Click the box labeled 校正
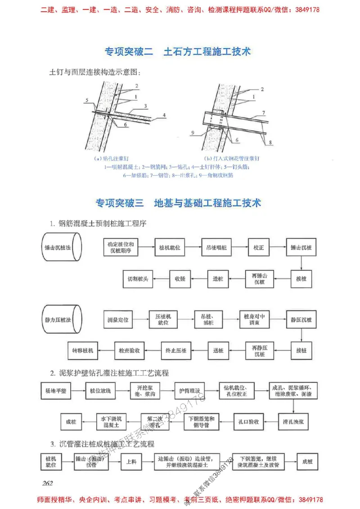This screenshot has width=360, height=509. [x=258, y=247]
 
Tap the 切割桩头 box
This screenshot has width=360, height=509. [x=137, y=279]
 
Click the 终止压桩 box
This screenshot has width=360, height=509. [x=176, y=349]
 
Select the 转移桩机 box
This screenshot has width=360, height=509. [x=83, y=349]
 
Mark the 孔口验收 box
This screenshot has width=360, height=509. [x=248, y=422]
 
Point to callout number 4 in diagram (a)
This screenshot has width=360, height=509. [x=164, y=115]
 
